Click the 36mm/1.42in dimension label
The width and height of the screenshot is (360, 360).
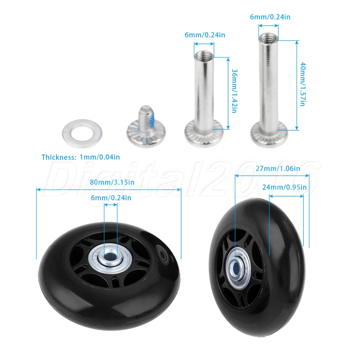234,91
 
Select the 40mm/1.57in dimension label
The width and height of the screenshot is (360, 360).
303,84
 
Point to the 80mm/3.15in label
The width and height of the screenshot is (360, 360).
112,182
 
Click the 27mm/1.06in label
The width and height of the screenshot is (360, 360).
278,168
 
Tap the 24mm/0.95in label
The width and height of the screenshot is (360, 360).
284,187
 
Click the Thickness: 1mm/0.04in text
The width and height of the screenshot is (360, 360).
81,157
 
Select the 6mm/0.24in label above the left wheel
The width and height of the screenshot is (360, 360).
111,198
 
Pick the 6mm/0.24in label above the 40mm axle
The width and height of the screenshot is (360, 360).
270,17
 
